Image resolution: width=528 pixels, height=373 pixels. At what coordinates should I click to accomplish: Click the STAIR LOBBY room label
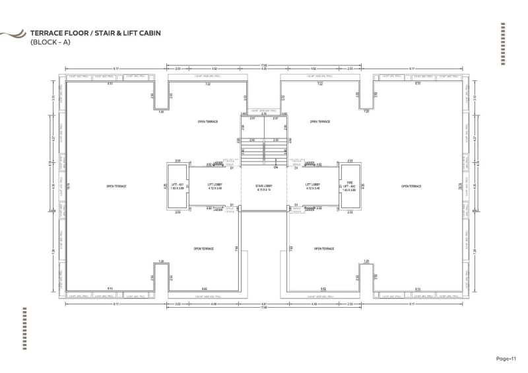tap(264, 185)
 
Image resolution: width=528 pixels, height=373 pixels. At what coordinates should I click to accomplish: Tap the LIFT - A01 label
tap(176, 185)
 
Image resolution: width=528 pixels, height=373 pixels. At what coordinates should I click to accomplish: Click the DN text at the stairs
tap(276, 167)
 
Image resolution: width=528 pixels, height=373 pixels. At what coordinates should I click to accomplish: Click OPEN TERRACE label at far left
tap(116, 186)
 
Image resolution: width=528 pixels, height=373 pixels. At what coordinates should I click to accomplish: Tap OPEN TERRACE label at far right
tap(411, 186)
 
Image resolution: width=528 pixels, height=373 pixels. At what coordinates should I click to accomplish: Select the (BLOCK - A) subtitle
tap(49, 42)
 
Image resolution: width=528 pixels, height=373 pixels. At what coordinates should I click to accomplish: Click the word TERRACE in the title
tap(46, 32)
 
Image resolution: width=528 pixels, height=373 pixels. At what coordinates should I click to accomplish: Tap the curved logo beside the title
tap(13, 34)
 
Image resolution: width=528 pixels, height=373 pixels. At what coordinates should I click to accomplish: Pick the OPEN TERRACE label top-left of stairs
tap(208, 122)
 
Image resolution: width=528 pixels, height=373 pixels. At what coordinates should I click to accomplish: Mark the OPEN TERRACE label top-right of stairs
tap(319, 122)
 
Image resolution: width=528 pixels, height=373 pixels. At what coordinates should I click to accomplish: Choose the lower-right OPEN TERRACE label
tap(323, 248)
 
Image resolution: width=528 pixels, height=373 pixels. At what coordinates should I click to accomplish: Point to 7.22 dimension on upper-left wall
tap(208, 84)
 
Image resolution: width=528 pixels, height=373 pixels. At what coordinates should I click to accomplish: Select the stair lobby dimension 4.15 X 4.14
tap(264, 189)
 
